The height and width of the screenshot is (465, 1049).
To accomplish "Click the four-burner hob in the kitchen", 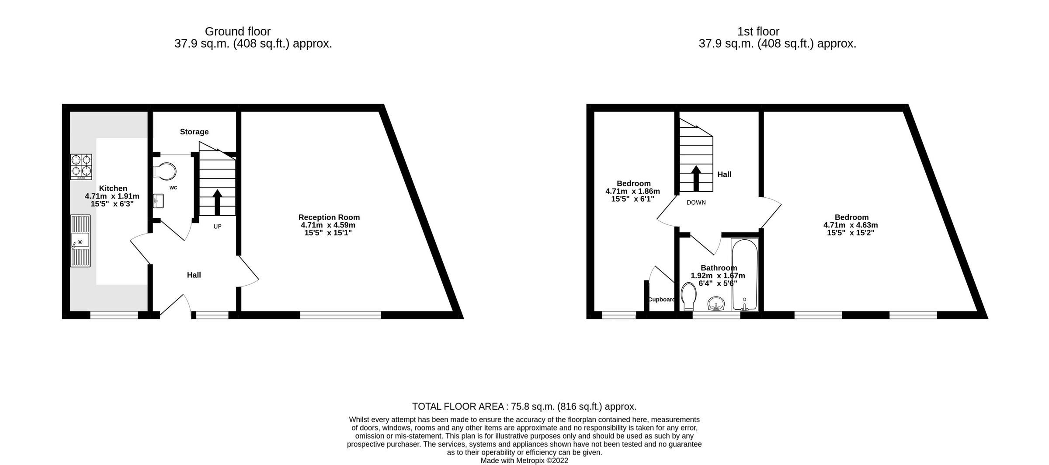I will (81, 167).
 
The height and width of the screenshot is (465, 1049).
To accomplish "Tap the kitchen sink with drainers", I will (80, 241).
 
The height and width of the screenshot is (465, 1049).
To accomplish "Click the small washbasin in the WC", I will (158, 202).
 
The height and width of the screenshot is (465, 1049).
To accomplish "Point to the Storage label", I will (194, 132).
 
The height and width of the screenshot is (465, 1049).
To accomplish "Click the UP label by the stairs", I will (217, 227).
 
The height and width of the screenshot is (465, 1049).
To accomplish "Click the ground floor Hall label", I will (194, 275).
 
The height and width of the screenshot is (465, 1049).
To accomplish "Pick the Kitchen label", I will (113, 189).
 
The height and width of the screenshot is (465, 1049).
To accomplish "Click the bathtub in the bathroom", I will (744, 274).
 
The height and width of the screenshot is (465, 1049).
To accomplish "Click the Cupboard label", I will (662, 300).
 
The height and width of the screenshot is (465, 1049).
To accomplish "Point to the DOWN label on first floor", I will (696, 203).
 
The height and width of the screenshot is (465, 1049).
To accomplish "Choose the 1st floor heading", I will (758, 31).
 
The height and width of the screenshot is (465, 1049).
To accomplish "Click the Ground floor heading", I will (238, 31).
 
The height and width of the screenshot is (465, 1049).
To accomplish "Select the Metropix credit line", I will (524, 461).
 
